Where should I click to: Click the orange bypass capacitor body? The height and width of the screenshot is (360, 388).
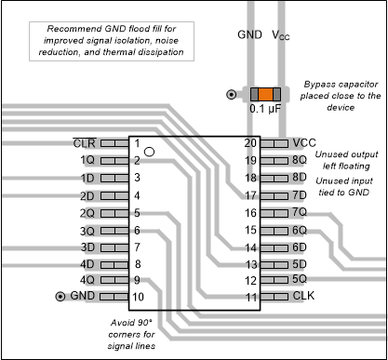pyautogui.click(x=265, y=95)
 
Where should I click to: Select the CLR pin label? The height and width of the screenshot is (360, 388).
pyautogui.click(x=84, y=143)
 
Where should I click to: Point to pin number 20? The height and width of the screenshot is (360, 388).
pyautogui.click(x=249, y=143)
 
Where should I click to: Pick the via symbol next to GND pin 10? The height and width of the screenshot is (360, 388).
pyautogui.click(x=61, y=297)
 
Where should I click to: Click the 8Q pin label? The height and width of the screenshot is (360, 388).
pyautogui.click(x=301, y=160)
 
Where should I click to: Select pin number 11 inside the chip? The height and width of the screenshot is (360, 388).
pyautogui.click(x=249, y=297)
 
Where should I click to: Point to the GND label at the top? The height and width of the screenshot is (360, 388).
pyautogui.click(x=248, y=34)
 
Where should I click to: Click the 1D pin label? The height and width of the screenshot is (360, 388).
pyautogui.click(x=87, y=178)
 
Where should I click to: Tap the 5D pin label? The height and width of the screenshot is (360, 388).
pyautogui.click(x=301, y=263)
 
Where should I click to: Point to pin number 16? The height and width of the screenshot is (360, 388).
pyautogui.click(x=249, y=212)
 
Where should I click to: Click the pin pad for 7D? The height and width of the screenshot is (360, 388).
pyautogui.click(x=276, y=195)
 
